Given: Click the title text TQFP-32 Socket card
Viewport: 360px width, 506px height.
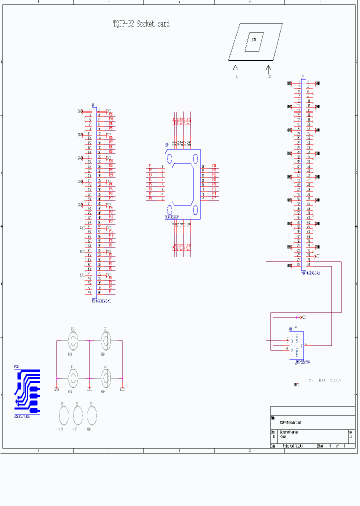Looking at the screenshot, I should pos(141,24).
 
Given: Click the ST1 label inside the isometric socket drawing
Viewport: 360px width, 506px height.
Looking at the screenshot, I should pos(254,40).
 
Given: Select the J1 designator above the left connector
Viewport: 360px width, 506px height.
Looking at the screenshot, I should pos(93,105).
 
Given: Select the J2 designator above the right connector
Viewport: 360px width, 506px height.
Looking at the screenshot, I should pos(302,77).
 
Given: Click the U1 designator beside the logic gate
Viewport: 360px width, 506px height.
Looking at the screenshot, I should pos(291,329).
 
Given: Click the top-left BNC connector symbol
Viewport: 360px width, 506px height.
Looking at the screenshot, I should pos(73,341).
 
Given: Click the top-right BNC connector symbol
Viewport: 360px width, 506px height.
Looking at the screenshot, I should pos(105,341).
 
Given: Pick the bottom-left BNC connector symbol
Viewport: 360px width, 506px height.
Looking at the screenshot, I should pos(73,377).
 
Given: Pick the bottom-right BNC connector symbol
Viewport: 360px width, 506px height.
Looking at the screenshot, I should pos(105,377).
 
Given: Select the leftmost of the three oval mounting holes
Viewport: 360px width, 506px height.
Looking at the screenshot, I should pos(63,415).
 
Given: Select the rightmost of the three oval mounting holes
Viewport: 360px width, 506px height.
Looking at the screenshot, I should pos(91,415).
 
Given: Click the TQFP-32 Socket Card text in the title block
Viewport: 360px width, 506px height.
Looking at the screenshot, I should pos(290,422).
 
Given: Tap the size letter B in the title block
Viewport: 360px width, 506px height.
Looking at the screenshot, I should pos(273,436).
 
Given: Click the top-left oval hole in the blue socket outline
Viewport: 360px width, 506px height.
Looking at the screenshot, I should pos(169,159).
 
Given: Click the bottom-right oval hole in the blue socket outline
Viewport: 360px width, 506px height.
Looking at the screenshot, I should pos(195,209).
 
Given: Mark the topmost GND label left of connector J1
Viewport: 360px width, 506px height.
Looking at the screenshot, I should pos(80,111).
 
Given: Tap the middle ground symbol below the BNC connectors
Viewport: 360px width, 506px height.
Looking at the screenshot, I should pos(89,389).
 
